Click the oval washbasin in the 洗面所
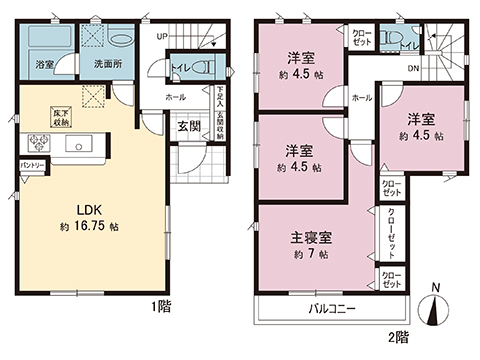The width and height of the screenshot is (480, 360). [120, 40]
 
